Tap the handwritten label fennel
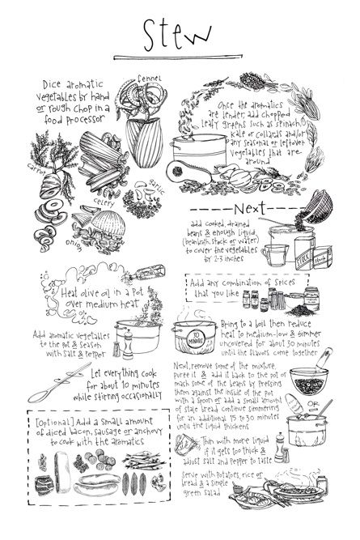(150, 79)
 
